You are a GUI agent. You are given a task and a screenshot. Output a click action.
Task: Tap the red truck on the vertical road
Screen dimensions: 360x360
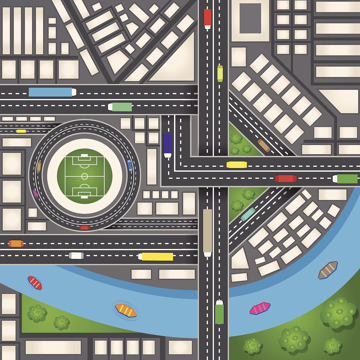[x=207, y=18]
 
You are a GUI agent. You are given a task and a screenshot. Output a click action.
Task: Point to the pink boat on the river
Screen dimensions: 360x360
[x=260, y=308]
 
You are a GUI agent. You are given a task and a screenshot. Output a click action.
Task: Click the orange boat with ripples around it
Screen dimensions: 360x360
[x=126, y=310]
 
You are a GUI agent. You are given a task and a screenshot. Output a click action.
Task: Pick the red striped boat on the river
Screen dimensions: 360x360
[x=35, y=283]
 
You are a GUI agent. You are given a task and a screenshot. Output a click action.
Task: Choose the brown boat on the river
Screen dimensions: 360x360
[x=328, y=270]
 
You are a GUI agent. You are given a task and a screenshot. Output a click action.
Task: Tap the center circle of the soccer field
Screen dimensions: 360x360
[x=85, y=176]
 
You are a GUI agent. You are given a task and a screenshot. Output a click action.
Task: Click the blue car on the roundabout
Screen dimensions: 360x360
[x=130, y=165]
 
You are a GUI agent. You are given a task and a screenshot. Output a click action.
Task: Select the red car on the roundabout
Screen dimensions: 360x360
[x=84, y=228]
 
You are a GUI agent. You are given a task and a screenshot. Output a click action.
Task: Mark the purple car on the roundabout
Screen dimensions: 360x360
[x=35, y=193]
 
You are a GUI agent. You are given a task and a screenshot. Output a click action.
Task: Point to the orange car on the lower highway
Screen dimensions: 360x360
[x=16, y=243]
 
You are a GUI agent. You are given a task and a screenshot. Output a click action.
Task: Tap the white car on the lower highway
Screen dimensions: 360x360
[x=76, y=256]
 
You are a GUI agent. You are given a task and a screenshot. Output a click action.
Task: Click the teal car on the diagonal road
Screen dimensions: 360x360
[x=248, y=214]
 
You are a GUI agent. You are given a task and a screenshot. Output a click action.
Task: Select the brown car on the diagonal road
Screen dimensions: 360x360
[x=264, y=145]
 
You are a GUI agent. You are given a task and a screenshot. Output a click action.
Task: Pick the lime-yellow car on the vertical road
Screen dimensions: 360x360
[x=220, y=73]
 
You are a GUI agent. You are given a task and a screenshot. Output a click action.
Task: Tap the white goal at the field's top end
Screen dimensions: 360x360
[x=85, y=155]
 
